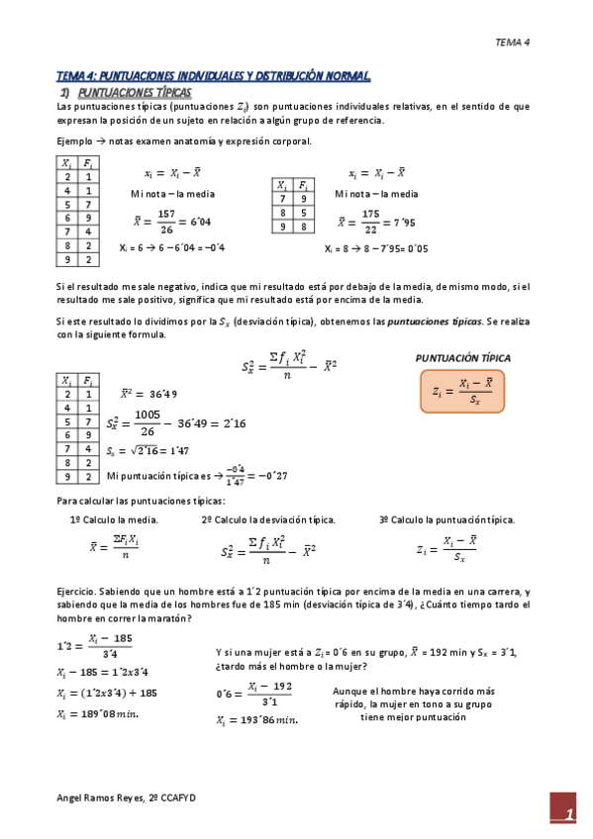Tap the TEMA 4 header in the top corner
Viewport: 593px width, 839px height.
513,42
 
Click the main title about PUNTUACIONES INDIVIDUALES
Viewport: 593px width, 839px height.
213,76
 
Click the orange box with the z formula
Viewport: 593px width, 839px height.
462,393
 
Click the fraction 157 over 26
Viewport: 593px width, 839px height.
165,220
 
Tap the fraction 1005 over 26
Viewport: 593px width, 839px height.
148,422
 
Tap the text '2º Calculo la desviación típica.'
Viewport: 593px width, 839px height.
267,519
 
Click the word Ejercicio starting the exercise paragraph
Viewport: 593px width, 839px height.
78,591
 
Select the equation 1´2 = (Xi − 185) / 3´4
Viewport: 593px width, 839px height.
95,645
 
